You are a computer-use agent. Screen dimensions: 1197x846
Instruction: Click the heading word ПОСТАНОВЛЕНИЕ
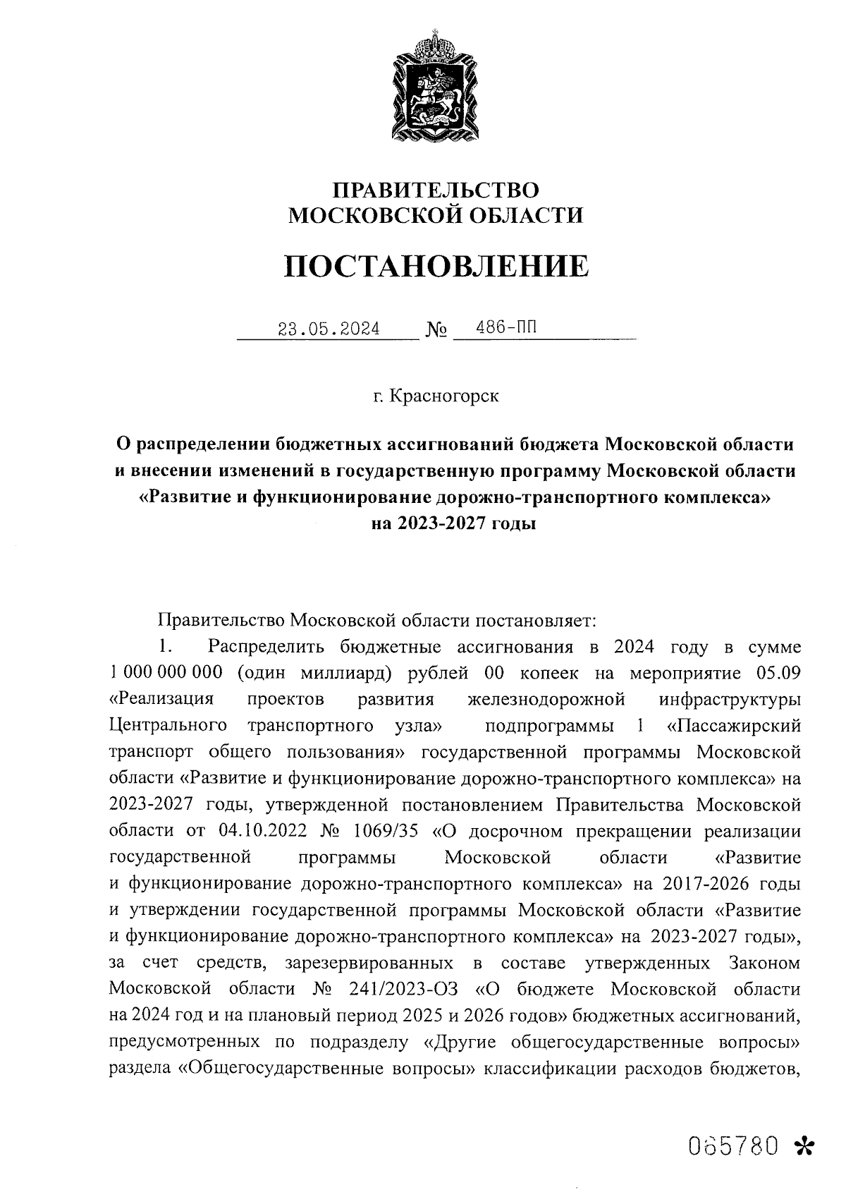tap(435, 266)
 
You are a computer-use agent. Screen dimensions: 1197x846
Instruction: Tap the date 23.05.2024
tap(329, 329)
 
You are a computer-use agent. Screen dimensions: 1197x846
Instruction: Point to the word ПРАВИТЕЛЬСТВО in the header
tap(436, 190)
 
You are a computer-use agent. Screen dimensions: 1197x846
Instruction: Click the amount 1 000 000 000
tap(166, 673)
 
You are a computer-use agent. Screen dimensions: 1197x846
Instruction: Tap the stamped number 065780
tap(732, 1146)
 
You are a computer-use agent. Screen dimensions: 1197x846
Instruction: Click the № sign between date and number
tap(436, 330)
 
